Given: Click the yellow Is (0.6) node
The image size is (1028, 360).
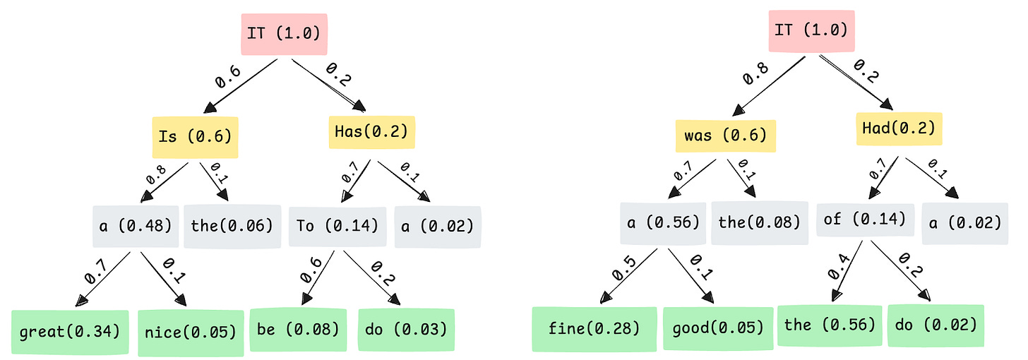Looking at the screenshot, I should tap(196, 137).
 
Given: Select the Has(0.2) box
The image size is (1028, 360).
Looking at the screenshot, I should tap(372, 130).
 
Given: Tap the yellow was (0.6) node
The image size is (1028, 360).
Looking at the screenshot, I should tap(725, 133).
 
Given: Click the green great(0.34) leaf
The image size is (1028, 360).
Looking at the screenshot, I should tap(70, 331).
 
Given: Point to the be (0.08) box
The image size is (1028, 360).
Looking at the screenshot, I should tap(298, 329).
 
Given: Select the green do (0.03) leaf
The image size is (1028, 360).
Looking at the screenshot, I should tap(406, 329).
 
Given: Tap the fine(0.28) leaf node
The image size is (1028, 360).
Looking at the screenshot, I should tap(594, 328).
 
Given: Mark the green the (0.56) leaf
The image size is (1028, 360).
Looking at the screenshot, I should tap(830, 325).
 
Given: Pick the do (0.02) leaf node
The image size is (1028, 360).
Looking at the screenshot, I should tap(936, 325).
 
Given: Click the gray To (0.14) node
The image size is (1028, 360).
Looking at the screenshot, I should tap(337, 226).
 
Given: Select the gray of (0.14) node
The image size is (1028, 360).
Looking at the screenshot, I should tap(864, 220).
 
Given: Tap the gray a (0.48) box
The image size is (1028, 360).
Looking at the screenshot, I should tap(134, 226).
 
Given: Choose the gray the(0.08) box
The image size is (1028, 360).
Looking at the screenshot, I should tap(759, 224).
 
